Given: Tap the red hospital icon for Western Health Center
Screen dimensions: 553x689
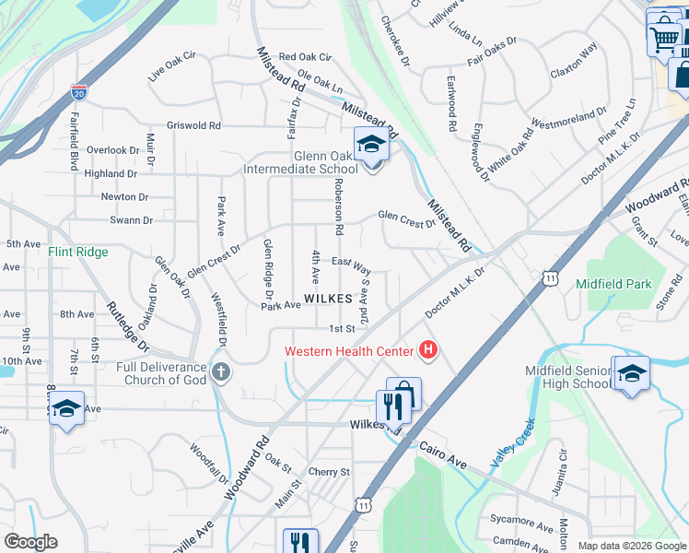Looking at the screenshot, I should click(427, 350).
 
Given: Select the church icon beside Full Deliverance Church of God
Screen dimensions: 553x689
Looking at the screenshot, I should click(219, 372).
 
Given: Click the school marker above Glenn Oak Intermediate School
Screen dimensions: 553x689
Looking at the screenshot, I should click(372, 145).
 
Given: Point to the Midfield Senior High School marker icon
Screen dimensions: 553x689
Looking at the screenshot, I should click(631, 373).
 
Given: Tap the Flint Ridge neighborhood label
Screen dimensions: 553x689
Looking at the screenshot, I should click(78, 252).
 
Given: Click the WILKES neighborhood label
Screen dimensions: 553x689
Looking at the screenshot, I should click(328, 299).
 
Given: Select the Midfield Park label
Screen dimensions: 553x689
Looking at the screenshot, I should click(613, 284).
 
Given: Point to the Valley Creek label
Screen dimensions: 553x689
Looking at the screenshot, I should click(513, 444).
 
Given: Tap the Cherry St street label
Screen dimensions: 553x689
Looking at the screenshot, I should click(330, 472).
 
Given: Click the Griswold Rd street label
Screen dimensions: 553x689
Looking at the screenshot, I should click(194, 125).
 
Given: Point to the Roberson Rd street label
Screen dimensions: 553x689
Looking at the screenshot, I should click(338, 207).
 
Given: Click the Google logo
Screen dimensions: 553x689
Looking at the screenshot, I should click(30, 542).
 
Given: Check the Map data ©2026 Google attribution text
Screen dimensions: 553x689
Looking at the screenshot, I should click(631, 546).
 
